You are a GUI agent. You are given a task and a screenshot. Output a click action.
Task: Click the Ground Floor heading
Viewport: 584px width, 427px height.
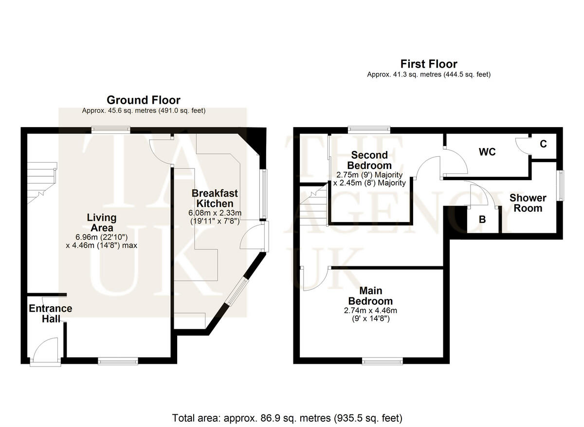(144, 100)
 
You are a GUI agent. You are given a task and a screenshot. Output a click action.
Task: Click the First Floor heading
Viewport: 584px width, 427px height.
(429, 64)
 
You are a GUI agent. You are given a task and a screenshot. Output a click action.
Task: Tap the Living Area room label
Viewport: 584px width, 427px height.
(102, 223)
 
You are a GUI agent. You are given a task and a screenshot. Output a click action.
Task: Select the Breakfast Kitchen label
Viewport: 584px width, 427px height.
(212, 198)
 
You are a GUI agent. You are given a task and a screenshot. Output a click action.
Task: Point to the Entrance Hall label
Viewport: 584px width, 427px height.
(50, 314)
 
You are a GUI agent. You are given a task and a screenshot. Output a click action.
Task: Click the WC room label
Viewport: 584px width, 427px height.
(487, 152)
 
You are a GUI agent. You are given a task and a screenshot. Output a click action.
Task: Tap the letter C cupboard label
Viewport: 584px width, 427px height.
(544, 144)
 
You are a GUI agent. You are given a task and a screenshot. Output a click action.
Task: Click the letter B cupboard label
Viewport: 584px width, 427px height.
(482, 220)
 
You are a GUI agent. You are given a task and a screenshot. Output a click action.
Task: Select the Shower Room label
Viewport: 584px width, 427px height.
(528, 203)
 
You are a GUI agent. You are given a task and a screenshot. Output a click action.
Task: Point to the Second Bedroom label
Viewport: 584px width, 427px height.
(370, 160)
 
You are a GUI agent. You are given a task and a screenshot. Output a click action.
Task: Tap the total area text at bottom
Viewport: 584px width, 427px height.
(287, 418)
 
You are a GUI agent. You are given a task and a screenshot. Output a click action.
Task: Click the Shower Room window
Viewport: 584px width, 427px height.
(561, 185)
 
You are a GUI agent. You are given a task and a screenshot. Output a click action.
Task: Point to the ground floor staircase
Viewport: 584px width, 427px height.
(41, 183)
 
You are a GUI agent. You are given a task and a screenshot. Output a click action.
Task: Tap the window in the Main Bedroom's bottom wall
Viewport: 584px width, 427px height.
(383, 361)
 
